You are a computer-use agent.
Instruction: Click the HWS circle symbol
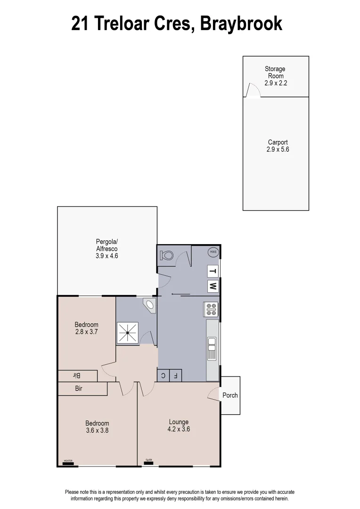tap(213, 252)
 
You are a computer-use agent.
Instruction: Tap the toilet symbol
tap(167, 255)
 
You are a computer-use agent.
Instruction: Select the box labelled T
tap(213, 271)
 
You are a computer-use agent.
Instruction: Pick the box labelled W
tap(213, 286)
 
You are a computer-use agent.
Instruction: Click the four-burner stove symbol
tap(211, 309)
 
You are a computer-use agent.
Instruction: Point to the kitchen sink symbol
tap(212, 348)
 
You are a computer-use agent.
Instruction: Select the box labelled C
tap(163, 376)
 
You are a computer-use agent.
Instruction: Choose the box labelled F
tap(175, 376)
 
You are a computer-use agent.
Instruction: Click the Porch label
tap(230, 395)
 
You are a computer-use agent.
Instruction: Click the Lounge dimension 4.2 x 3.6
tap(179, 429)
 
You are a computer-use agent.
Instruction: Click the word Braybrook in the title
tap(241, 23)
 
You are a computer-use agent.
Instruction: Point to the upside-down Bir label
tap(77, 376)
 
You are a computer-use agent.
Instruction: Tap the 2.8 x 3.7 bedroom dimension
tap(87, 331)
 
